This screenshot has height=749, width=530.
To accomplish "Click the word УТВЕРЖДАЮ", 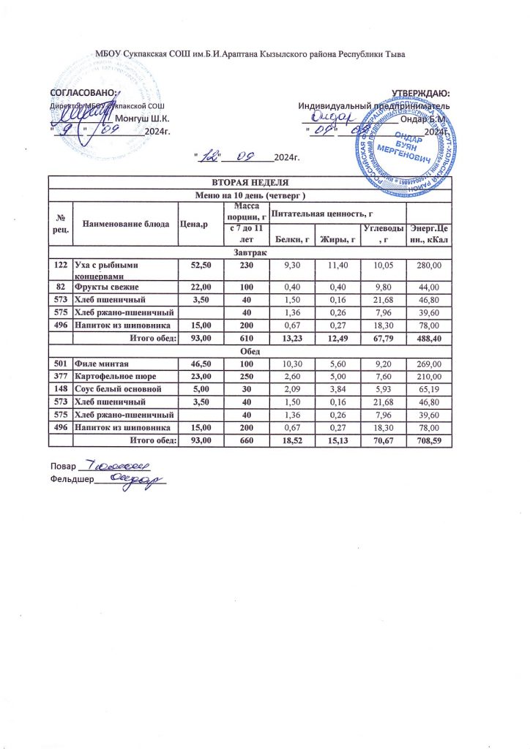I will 419,93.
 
